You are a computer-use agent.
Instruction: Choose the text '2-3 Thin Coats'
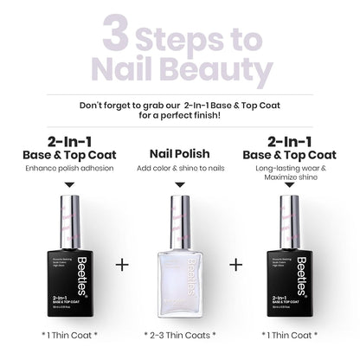[179, 332]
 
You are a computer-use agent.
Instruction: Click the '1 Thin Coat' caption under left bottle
[65, 332]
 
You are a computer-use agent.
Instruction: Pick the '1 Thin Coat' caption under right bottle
[293, 332]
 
